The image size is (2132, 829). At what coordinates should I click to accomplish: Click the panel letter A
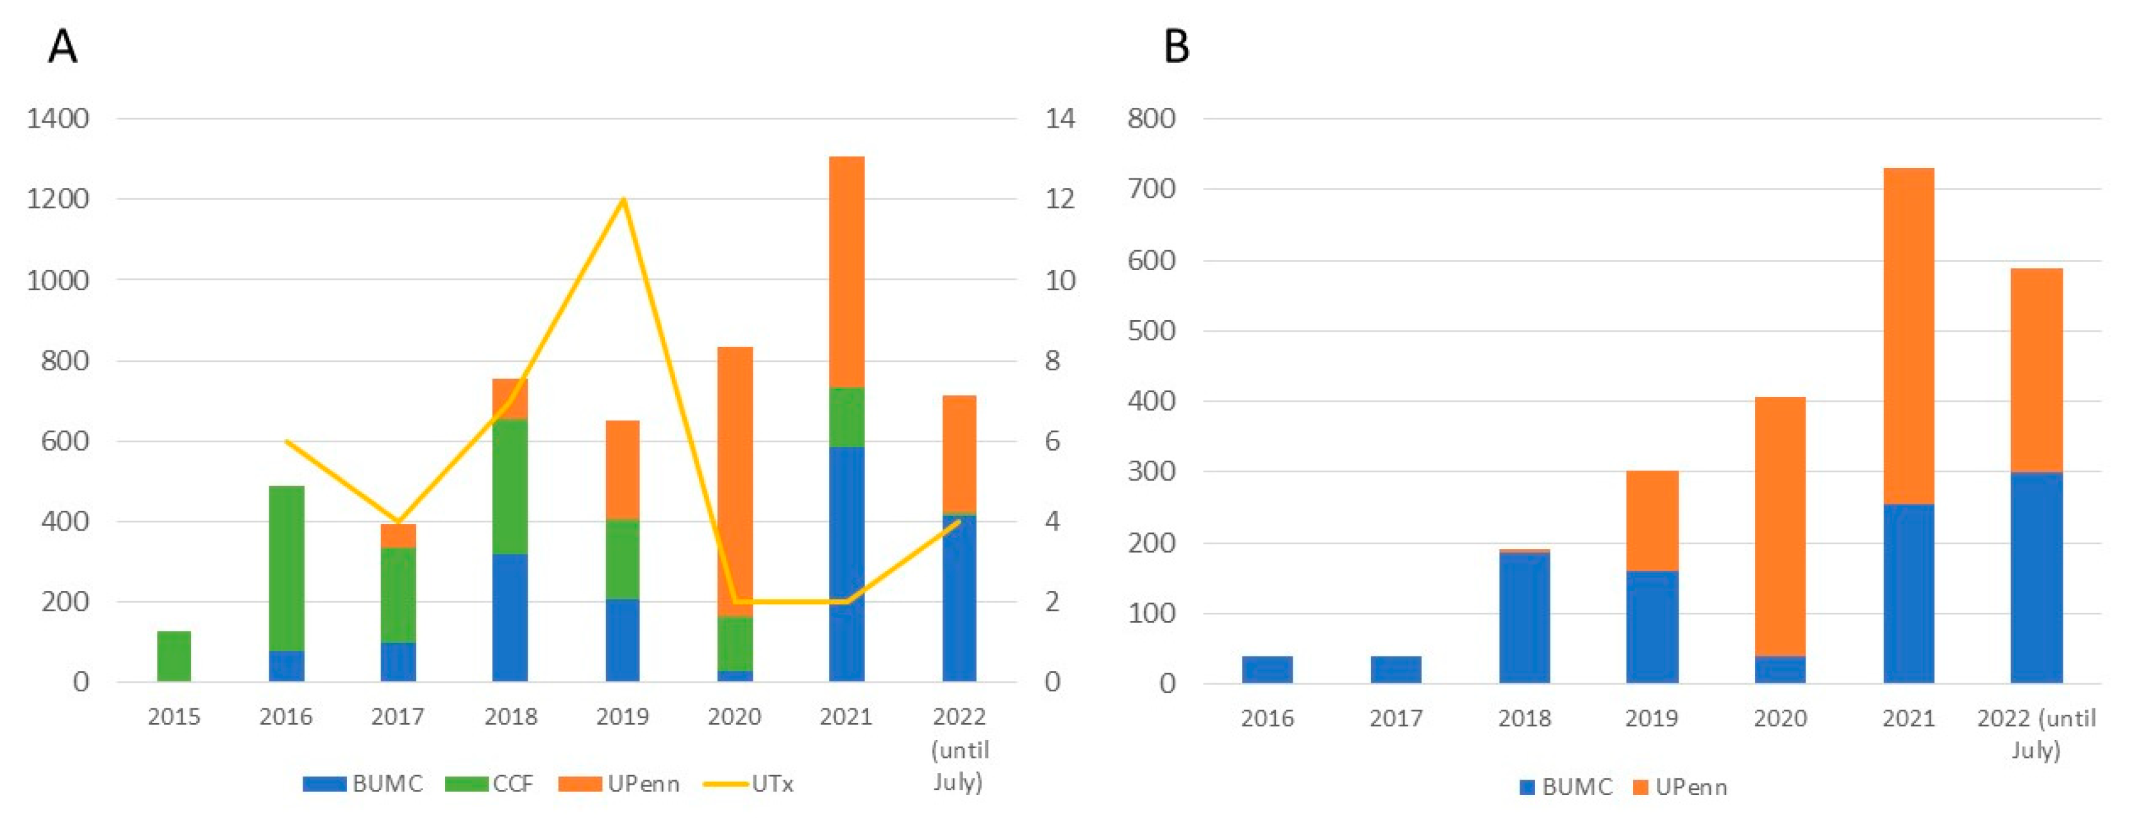coord(63,46)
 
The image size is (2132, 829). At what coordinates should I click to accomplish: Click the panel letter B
coord(1176,46)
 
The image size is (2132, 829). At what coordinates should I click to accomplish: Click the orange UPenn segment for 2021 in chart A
coord(846,271)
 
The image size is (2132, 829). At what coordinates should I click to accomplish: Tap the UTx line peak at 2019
coord(623,200)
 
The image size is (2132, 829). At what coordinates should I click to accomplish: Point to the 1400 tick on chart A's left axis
coord(57,119)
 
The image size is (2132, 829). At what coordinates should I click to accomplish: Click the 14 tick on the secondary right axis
coord(1059,119)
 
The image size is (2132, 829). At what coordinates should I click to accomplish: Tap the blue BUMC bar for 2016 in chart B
coord(1266,669)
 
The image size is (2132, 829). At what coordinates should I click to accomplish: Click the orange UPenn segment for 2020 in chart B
coord(1779,526)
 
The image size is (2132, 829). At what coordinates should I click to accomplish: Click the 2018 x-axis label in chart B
coord(1523,718)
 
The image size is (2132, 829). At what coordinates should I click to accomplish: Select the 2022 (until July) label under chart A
coord(959,749)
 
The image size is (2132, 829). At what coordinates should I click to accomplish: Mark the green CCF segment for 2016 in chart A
coord(287,568)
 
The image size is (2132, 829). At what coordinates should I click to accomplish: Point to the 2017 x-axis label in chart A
coord(398,716)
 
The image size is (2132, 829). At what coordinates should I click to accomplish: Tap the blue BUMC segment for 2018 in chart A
coord(510,617)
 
